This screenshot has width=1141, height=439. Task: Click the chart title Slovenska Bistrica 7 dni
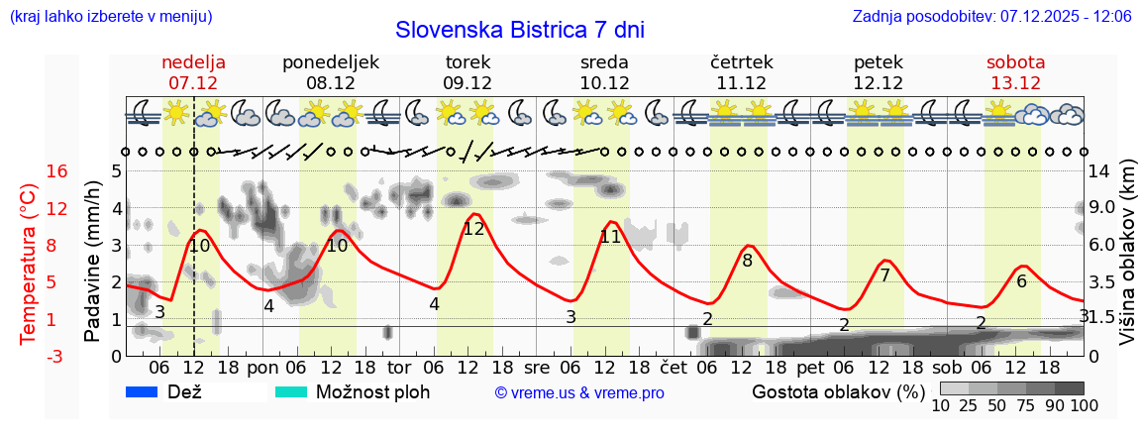coord(519,30)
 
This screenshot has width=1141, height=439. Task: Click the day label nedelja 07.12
coord(193,72)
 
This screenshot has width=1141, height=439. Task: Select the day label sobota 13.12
coord(1015,72)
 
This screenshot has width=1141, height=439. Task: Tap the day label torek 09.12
coord(467,72)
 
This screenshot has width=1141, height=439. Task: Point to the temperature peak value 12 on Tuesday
coord(473,228)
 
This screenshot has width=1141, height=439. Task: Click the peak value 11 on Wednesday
coord(610,237)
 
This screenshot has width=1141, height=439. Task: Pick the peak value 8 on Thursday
coord(747,261)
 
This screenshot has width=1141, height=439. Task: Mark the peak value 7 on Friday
coord(884,274)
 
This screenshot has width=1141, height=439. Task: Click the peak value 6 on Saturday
coord(1021,280)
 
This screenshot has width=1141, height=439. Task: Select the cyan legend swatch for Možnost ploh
coord(291,392)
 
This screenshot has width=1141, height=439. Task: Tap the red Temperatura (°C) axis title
coord(29,262)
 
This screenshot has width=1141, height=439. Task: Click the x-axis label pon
coord(262,368)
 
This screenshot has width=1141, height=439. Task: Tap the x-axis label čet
coord(674,368)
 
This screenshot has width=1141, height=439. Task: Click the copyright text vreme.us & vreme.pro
coord(579,393)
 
